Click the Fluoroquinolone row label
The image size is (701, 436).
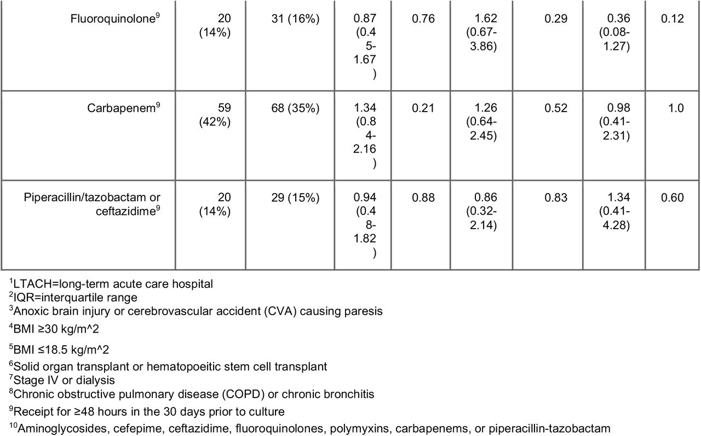click(x=115, y=19)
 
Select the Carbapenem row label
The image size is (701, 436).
click(x=124, y=108)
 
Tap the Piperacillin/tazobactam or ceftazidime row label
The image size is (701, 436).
click(x=92, y=204)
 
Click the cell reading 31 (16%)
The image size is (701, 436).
click(x=295, y=19)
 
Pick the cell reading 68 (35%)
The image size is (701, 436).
click(x=295, y=108)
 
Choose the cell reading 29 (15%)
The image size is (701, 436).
click(x=295, y=197)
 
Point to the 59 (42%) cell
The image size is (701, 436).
click(x=215, y=115)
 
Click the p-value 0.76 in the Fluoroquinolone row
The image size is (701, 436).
click(x=423, y=19)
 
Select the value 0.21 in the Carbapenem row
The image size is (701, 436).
click(x=423, y=108)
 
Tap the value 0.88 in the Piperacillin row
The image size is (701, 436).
click(x=423, y=197)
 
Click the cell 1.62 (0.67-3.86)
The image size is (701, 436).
click(x=481, y=32)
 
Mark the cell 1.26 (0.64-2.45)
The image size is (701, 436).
click(x=481, y=121)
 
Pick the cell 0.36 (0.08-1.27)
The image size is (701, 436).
click(x=614, y=32)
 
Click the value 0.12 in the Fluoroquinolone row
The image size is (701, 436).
click(x=672, y=19)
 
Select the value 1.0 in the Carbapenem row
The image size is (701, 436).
click(x=676, y=108)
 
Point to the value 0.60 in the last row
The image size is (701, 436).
click(x=672, y=197)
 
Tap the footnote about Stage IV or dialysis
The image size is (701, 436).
click(x=62, y=380)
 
